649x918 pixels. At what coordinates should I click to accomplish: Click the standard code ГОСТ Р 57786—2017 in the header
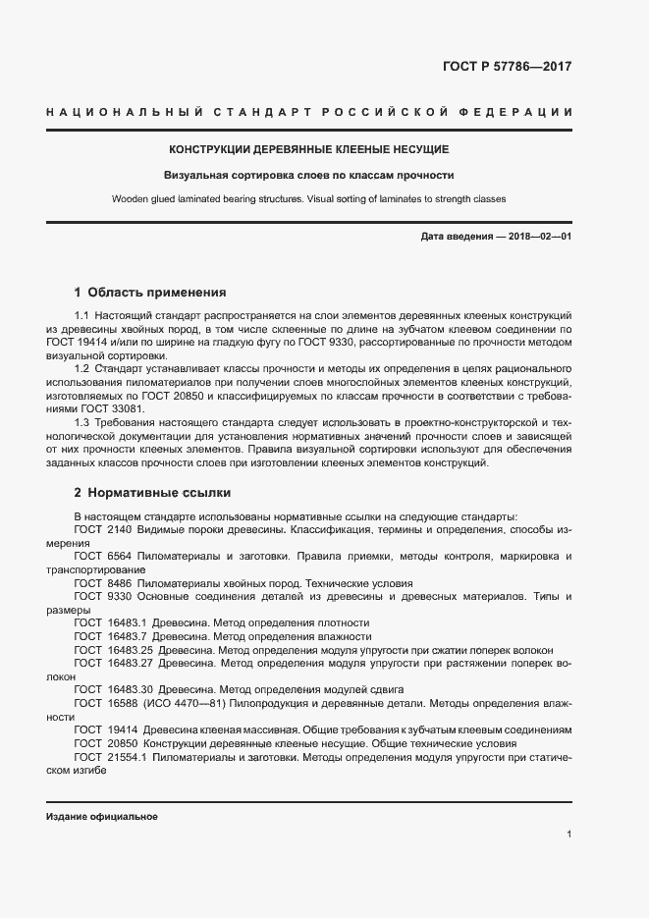coord(507,67)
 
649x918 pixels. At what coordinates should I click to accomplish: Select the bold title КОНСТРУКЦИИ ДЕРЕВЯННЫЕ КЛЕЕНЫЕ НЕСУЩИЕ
coord(309,149)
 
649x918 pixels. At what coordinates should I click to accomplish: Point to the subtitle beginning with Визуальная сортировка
coord(309,176)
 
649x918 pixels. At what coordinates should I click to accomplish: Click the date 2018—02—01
coord(537,237)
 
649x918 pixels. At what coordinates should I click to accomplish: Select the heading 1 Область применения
coord(150,292)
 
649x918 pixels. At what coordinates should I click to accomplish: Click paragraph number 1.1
coord(81,316)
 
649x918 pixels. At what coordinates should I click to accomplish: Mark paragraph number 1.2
coord(81,368)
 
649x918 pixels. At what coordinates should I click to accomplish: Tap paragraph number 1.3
coord(81,421)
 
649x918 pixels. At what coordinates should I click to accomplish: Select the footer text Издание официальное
coord(102,817)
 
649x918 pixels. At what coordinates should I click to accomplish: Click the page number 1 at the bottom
coord(568,835)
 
